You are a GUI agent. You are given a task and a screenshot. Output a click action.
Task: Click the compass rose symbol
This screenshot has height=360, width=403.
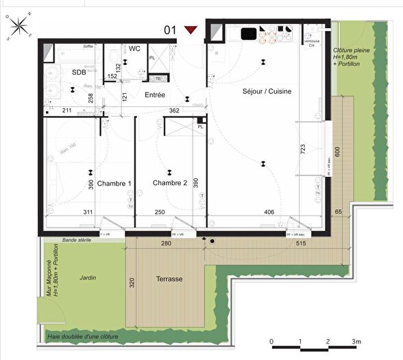coord(20,27)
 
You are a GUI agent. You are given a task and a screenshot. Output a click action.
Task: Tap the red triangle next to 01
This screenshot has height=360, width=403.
coord(191,29)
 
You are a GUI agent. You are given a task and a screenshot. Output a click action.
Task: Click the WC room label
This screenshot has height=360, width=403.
coord(134,49)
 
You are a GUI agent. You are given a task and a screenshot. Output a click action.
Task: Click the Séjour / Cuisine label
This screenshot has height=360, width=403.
coord(267,91)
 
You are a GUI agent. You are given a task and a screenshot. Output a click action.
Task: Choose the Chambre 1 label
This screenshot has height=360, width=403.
coord(114,183)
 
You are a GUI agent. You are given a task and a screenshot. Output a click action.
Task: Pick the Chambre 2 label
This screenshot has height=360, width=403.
coord(170,183)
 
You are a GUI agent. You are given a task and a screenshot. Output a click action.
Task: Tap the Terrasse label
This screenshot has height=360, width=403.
coord(169,279)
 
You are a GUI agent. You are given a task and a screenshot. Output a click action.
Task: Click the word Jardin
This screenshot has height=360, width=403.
coord(87,277)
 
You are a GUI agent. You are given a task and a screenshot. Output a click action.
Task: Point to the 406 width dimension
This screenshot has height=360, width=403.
coord(269,213)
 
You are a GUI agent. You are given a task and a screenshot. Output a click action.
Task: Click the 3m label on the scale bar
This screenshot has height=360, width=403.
coord(356,341)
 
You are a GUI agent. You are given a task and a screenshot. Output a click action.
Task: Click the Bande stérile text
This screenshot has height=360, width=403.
coord(77,241)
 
